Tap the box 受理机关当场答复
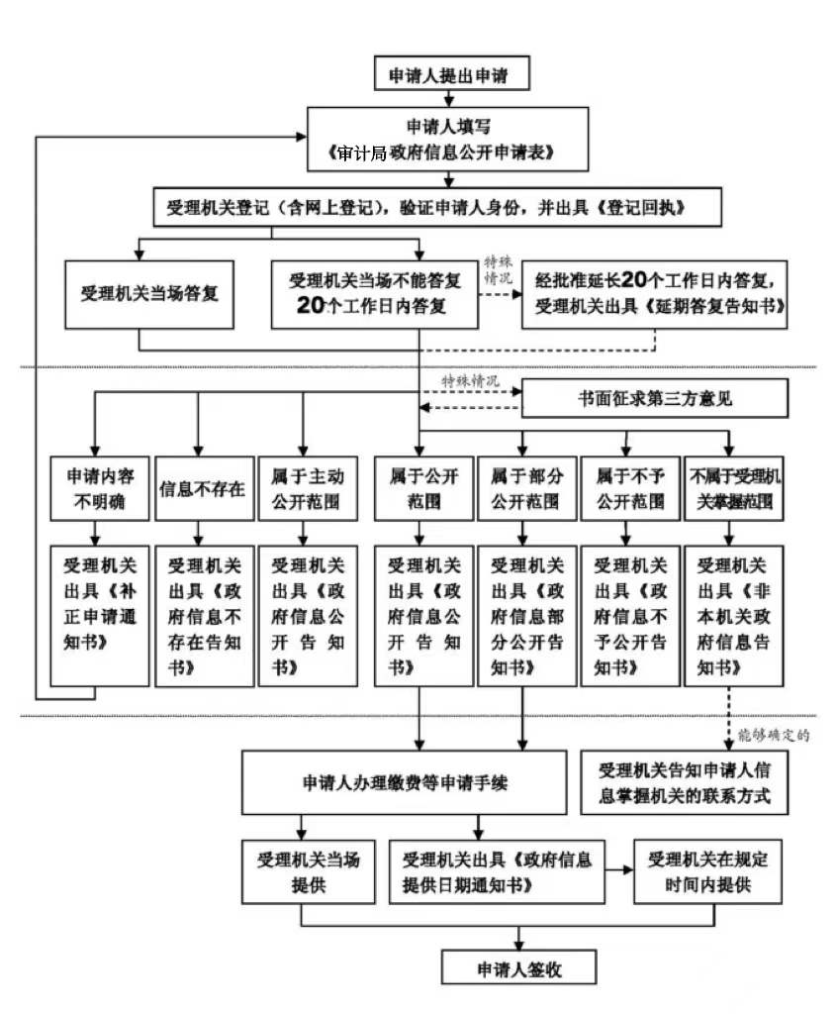click(149, 294)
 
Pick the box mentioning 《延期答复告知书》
click(655, 294)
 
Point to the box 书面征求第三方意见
click(655, 399)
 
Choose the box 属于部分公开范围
click(524, 487)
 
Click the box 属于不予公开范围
click(629, 487)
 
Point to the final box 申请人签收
click(519, 967)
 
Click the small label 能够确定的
click(774, 735)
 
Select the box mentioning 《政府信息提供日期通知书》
click(497, 871)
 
